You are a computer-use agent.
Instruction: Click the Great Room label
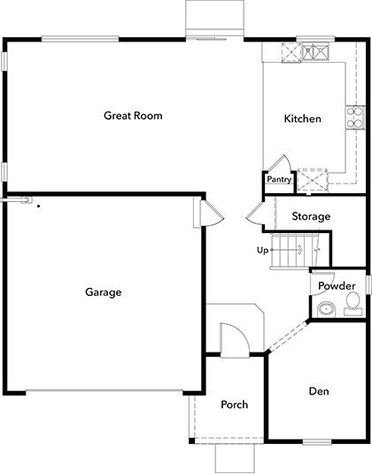pyautogui.click(x=133, y=115)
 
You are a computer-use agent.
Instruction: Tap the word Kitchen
pyautogui.click(x=302, y=119)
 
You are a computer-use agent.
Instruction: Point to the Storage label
pyautogui.click(x=311, y=216)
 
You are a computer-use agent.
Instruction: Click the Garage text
pyautogui.click(x=103, y=292)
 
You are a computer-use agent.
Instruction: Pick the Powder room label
pyautogui.click(x=337, y=286)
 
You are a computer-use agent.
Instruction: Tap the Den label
pyautogui.click(x=319, y=391)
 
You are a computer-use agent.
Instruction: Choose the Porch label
pyautogui.click(x=234, y=405)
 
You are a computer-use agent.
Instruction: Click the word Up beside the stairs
pyautogui.click(x=262, y=250)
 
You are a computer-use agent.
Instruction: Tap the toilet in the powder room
pyautogui.click(x=353, y=305)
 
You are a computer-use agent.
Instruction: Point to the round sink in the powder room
pyautogui.click(x=325, y=308)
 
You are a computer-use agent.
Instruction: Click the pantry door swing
pyautogui.click(x=276, y=164)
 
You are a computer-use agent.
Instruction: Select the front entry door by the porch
pyautogui.click(x=230, y=339)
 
